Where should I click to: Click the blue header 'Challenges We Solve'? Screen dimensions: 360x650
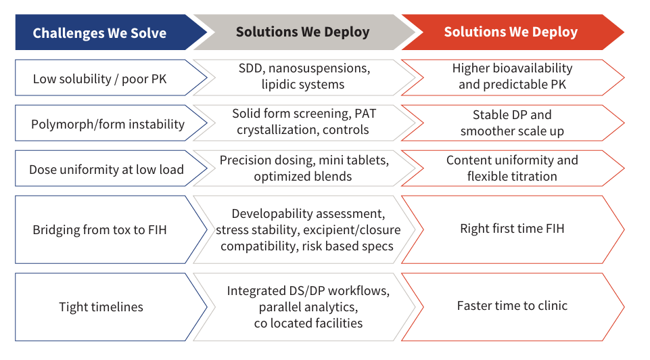99,32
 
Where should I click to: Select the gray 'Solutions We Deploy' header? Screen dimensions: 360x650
302,32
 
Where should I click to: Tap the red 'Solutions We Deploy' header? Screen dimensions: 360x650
511,32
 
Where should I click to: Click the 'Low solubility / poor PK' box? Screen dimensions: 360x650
99,79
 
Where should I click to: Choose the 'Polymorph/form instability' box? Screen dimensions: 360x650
108,124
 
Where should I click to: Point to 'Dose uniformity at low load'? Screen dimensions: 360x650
106,169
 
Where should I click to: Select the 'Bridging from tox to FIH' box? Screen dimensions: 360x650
99,229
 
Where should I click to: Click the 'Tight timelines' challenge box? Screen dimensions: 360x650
101,307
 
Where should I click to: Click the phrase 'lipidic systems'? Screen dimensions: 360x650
303,85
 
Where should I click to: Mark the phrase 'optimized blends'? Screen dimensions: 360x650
303,177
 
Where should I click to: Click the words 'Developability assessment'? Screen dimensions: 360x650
308,214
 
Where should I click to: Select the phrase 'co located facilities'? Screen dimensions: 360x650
304,323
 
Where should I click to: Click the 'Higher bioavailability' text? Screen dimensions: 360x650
512,68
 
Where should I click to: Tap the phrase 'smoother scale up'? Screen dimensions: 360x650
512,131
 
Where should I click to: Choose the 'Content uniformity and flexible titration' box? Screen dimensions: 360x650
512,168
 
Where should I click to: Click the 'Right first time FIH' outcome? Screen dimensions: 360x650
512,229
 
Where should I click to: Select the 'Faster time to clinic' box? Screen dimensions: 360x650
512,306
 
